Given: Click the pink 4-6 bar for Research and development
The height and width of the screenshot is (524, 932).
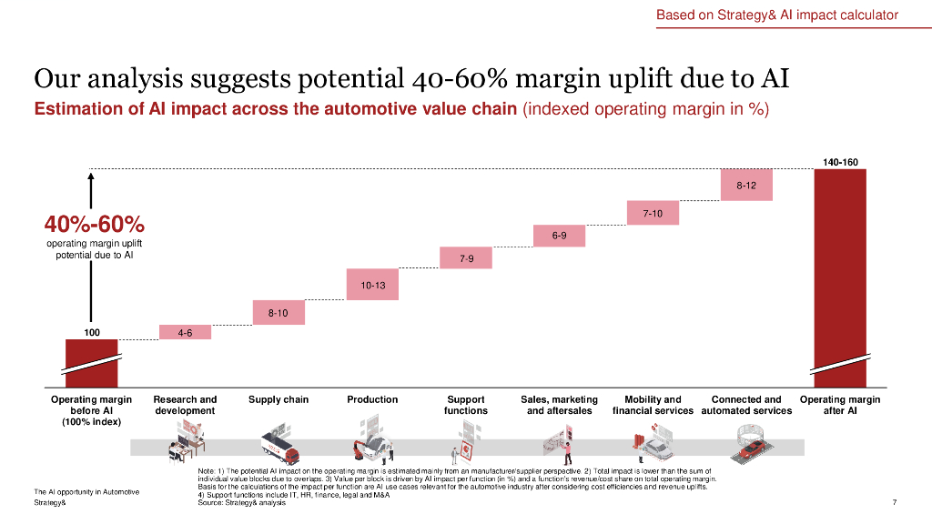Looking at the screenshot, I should (x=185, y=332).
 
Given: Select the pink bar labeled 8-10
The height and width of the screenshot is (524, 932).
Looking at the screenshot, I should (x=279, y=312).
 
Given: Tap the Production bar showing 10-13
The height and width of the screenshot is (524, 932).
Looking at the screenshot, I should (x=373, y=285).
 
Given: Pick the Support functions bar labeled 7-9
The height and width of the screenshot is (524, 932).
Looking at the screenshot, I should (x=466, y=258).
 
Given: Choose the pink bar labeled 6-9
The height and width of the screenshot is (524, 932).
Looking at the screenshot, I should (x=560, y=236).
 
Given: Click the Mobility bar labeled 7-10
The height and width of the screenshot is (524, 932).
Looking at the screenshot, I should (x=653, y=213).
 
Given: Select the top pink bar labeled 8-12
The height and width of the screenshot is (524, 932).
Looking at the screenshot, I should (x=746, y=185).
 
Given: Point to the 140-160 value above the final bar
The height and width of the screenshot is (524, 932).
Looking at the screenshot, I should (x=840, y=162).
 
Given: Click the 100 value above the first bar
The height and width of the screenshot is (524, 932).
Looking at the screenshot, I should (x=92, y=332).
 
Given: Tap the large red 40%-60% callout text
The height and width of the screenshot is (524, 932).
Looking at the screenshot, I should (x=95, y=224).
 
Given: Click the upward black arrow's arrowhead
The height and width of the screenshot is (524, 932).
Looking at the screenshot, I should (x=91, y=176).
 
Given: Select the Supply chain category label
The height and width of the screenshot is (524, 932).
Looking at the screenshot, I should (x=279, y=399).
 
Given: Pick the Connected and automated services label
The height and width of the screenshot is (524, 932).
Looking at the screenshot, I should (x=746, y=405).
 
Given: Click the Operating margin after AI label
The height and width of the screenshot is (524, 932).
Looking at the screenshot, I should (x=840, y=405).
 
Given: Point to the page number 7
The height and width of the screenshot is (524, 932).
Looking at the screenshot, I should (x=896, y=502).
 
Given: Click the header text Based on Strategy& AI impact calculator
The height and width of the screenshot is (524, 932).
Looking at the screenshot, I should (x=777, y=15).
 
